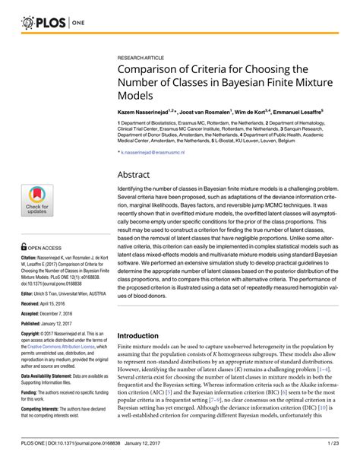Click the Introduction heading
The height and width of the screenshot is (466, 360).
(144, 334)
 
